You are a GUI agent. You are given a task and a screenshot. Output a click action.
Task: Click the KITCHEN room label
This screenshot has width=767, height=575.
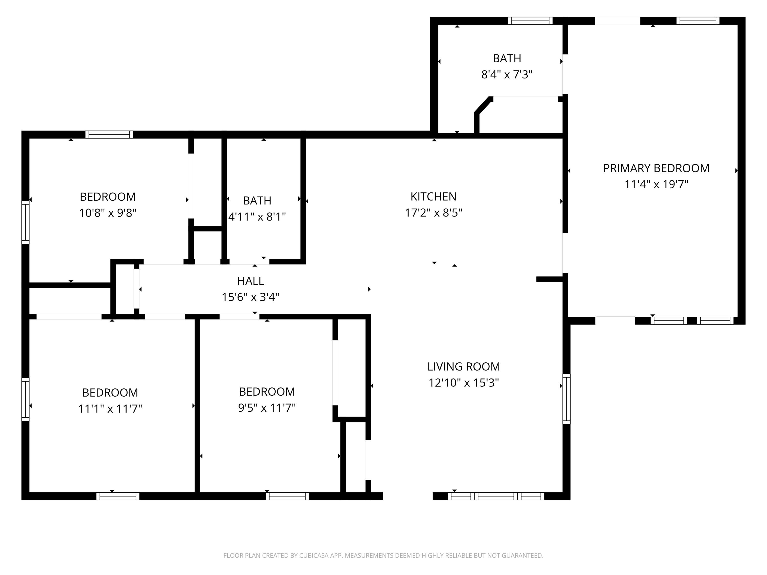pos(433,197)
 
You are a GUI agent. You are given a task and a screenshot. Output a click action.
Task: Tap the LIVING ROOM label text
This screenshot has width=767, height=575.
pos(464,366)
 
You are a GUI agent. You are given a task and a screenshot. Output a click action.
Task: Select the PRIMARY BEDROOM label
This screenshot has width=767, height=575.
pos(656,168)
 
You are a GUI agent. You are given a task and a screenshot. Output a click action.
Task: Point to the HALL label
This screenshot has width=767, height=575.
pos(250,281)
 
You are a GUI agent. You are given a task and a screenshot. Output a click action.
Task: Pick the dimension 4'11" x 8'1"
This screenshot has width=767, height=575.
pos(257,217)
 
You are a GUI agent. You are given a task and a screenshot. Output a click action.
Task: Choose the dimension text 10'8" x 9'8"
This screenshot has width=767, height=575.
pos(108,213)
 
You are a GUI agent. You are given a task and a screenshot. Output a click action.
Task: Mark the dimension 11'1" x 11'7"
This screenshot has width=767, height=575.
pos(110,409)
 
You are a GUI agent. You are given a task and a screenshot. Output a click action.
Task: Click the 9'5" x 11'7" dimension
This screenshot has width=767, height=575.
pos(267,408)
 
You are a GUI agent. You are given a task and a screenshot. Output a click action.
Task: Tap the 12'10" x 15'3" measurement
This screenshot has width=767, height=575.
pos(464,383)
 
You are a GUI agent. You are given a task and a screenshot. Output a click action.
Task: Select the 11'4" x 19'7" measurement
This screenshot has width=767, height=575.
pos(656,185)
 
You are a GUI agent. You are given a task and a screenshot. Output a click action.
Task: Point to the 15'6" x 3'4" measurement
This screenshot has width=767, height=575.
pos(250,297)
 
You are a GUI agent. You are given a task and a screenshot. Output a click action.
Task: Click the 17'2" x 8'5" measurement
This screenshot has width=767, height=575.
pos(433,213)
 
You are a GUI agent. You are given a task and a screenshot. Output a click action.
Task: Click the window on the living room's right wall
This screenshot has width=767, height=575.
pos(566,399)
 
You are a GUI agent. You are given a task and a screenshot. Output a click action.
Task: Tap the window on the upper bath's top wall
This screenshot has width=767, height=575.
pos(530,21)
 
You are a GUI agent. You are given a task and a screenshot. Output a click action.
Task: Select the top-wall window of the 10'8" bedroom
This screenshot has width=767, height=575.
pos(109,134)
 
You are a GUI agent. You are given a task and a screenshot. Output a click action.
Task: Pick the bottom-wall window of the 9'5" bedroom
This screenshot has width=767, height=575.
pos(287,496)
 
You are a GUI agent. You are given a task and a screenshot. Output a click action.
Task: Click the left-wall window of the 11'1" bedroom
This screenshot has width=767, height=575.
pos(25,399)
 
